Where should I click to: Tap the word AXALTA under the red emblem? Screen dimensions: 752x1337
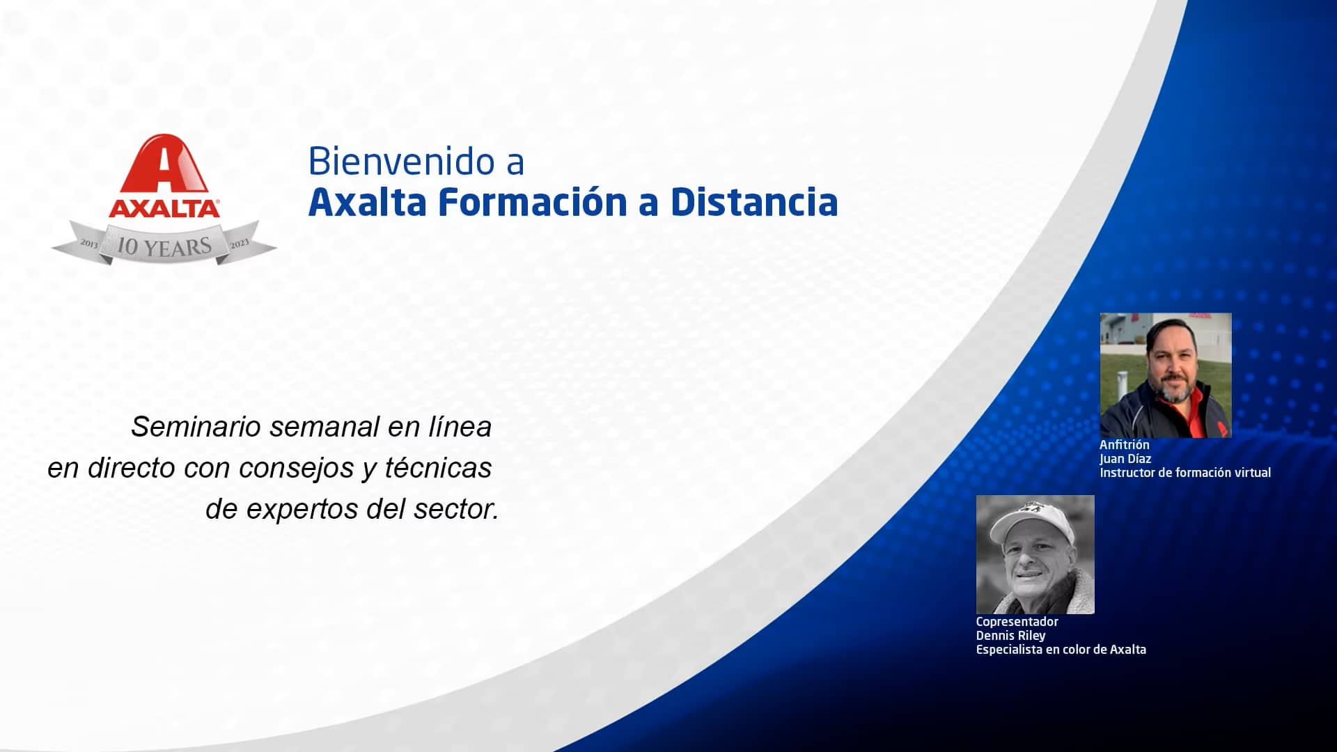click(164, 208)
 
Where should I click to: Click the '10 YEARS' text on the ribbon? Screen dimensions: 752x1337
click(164, 246)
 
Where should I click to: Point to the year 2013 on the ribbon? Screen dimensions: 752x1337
click(89, 243)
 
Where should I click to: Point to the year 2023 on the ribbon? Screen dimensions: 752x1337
click(239, 243)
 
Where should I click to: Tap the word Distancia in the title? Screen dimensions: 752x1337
click(753, 203)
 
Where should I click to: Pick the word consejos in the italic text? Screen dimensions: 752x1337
click(296, 468)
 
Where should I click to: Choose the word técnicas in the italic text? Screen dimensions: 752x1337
click(438, 468)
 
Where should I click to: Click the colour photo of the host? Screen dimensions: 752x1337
click(1165, 375)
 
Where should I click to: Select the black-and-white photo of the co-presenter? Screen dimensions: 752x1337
click(1035, 554)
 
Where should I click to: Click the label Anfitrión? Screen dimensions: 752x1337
click(1124, 444)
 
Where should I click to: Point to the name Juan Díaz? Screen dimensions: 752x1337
click(1125, 459)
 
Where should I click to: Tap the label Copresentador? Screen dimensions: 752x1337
click(1017, 622)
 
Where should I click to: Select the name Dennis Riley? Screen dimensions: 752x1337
click(1010, 636)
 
